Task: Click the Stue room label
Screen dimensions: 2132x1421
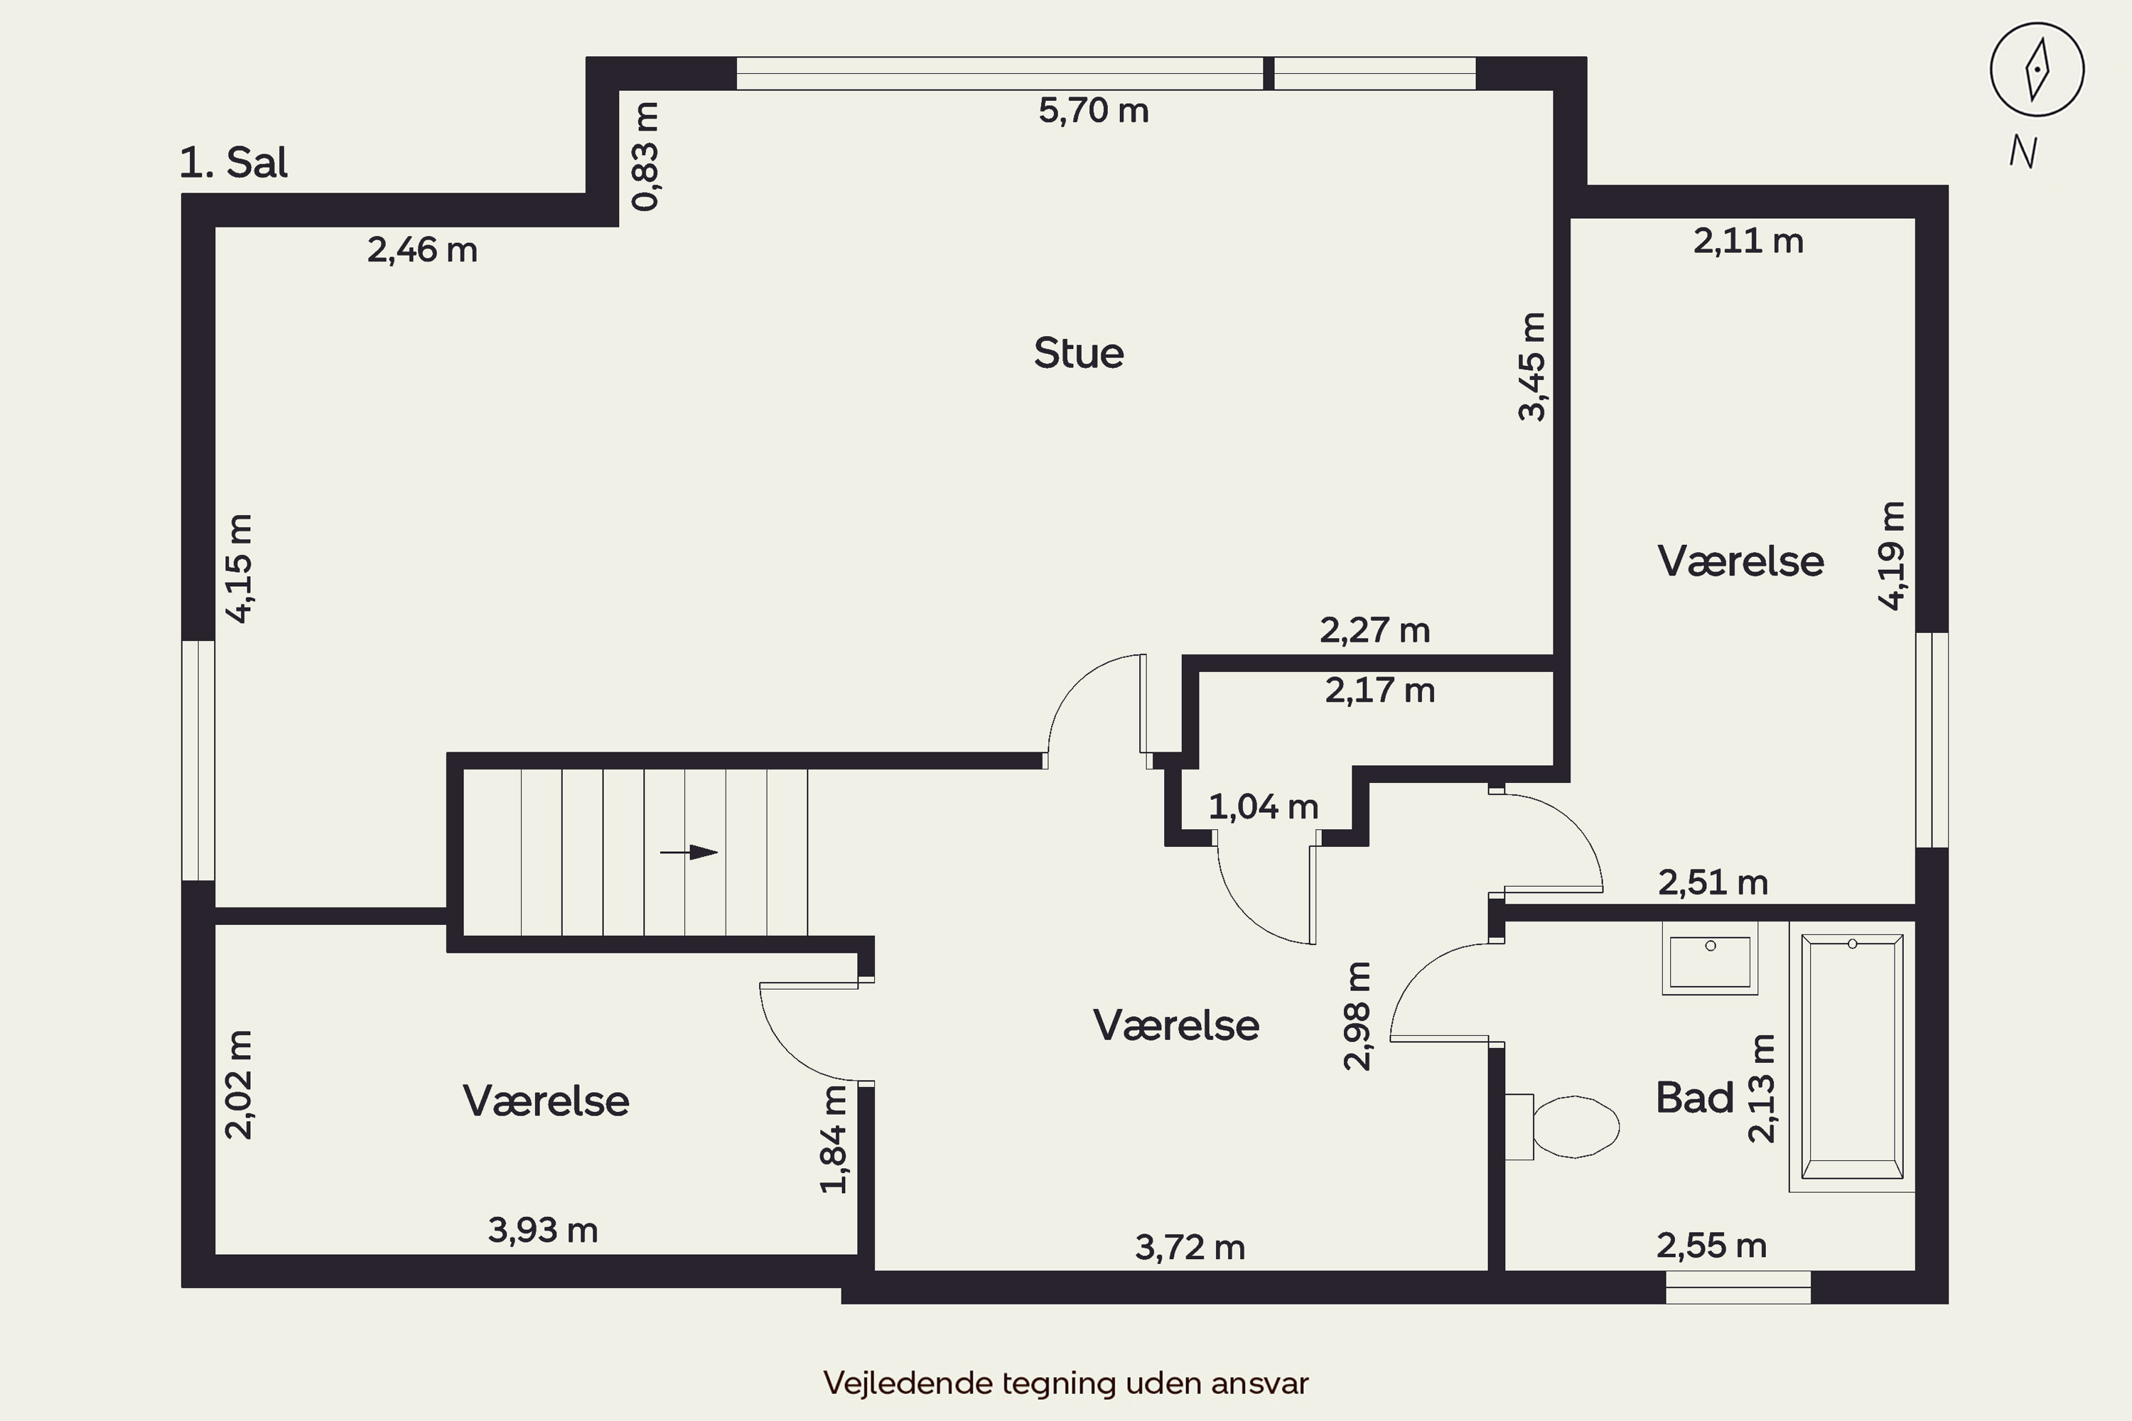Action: click(1079, 353)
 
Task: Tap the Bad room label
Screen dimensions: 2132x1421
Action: click(1694, 1098)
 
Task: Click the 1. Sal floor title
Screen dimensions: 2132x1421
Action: click(233, 163)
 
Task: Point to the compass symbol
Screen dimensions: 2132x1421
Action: click(2037, 70)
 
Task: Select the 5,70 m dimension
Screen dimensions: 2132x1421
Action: click(1093, 111)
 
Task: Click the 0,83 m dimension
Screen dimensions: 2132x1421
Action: click(645, 156)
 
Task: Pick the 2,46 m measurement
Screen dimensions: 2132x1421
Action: click(422, 250)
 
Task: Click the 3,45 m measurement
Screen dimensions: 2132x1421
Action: click(1532, 366)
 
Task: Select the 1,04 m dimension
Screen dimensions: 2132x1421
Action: click(1264, 806)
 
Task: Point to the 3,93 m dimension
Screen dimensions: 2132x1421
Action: click(543, 1230)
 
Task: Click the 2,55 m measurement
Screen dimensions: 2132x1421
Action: click(1711, 1246)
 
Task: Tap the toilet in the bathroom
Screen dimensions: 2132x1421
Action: click(1562, 1126)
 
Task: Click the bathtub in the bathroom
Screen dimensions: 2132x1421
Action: click(1852, 1057)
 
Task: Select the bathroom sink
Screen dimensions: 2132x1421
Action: click(1710, 958)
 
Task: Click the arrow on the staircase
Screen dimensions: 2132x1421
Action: click(689, 852)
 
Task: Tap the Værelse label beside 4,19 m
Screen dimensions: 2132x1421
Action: click(1740, 562)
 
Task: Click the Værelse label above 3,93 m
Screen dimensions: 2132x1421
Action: click(546, 1101)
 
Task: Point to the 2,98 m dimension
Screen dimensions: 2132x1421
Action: click(1357, 1016)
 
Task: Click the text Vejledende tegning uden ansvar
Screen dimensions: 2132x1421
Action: click(1066, 1384)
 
